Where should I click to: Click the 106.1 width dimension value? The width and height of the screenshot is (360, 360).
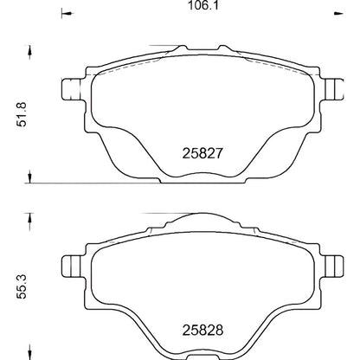(x=203, y=5)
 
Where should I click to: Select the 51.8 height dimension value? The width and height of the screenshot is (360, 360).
(x=22, y=114)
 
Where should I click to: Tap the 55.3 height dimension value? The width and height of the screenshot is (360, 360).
(x=22, y=286)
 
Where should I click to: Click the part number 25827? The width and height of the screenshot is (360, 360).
(x=202, y=153)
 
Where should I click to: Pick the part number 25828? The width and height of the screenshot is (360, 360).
(x=202, y=331)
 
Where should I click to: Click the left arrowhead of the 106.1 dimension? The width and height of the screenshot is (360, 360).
(x=67, y=13)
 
